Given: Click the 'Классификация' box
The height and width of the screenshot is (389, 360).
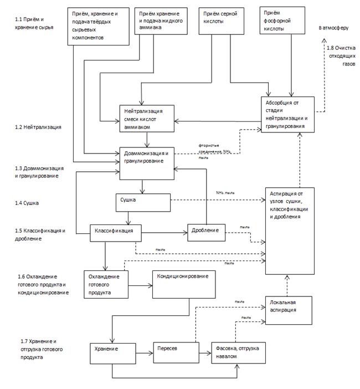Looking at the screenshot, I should [x=112, y=232].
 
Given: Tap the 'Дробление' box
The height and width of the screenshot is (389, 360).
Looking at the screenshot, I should [x=207, y=232].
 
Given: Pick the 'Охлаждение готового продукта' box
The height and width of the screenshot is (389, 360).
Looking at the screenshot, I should [x=105, y=284].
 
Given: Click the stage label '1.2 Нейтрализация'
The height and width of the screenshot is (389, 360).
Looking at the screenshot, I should [x=38, y=127].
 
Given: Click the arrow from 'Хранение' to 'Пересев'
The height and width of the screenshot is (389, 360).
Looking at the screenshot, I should [x=143, y=352].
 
